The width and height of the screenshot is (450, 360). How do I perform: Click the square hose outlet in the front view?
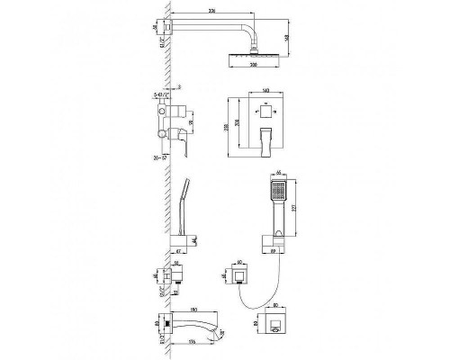[x=240, y=274]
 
